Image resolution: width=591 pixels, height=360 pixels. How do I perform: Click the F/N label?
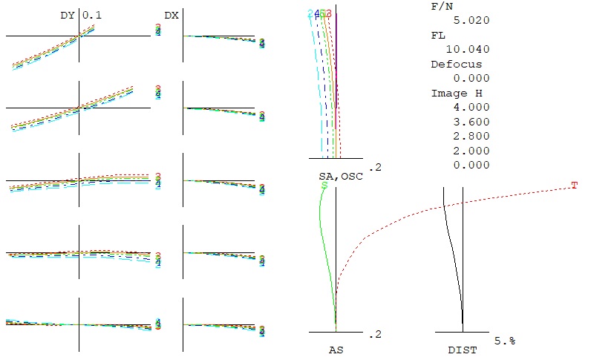click(440, 6)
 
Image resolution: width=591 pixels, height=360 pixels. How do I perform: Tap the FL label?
click(437, 35)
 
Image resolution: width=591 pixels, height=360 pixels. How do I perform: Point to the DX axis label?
click(171, 15)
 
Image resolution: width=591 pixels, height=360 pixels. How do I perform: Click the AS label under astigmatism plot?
click(335, 347)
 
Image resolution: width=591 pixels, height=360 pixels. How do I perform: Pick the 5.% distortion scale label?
click(504, 340)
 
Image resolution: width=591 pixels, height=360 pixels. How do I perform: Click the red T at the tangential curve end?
click(574, 185)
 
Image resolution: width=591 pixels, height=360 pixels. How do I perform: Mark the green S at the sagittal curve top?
click(324, 185)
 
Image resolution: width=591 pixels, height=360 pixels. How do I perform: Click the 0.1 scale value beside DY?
click(91, 15)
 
